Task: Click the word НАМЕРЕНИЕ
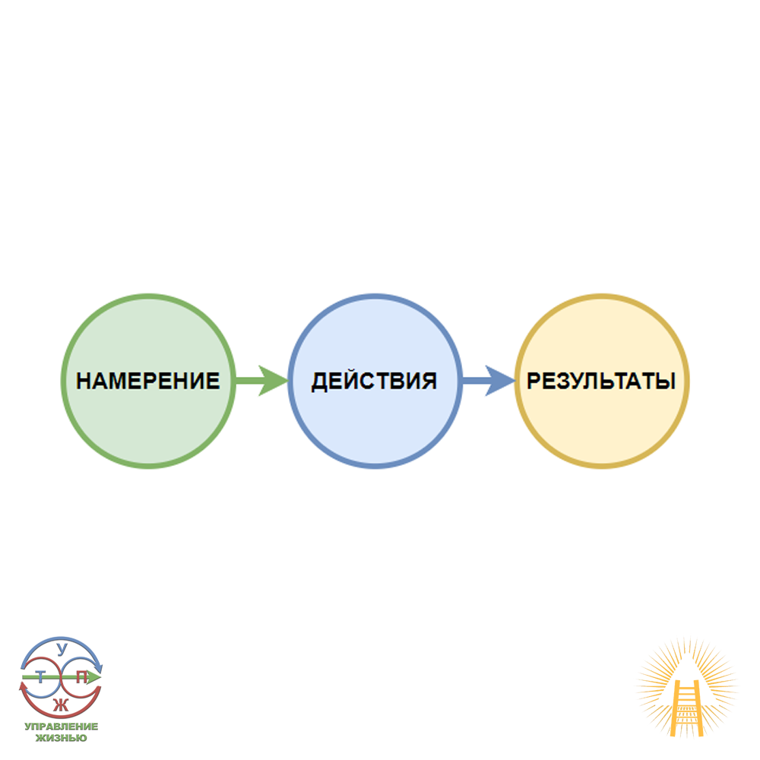pos(147,381)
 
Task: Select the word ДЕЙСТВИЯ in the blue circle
pos(374,381)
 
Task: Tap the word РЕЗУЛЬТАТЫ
pos(601,381)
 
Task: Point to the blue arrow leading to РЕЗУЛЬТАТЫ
pos(487,379)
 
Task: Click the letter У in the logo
pos(62,648)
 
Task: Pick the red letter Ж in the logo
pos(62,704)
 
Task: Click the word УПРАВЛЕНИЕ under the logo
pos(61,727)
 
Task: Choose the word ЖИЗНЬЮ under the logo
pos(61,737)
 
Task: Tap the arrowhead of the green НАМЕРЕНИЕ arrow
pos(274,379)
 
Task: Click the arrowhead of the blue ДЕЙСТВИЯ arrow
pos(501,379)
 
